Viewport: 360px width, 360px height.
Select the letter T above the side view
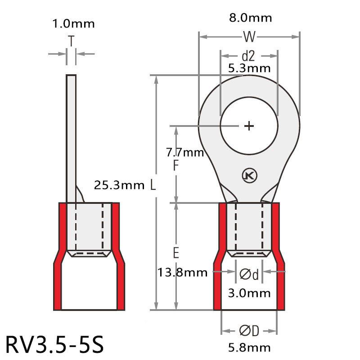pyautogui.click(x=71, y=41)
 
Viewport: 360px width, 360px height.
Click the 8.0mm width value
pyautogui.click(x=250, y=18)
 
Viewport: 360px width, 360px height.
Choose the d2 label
pyautogui.click(x=248, y=56)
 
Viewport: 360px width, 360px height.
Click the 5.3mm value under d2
pyautogui.click(x=249, y=68)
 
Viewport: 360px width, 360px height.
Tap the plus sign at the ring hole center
pyautogui.click(x=249, y=126)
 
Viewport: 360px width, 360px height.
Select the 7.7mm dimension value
pyautogui.click(x=185, y=153)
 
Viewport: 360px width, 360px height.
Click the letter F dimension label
pyautogui.click(x=176, y=166)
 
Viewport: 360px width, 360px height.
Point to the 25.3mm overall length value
pyautogui.click(x=119, y=184)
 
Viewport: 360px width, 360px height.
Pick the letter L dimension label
pyautogui.click(x=153, y=184)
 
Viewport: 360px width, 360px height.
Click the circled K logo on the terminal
pyautogui.click(x=248, y=176)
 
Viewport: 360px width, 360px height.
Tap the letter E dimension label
pyautogui.click(x=176, y=253)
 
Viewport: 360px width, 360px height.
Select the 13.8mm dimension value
pyautogui.click(x=182, y=272)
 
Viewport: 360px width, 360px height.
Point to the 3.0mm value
pyautogui.click(x=249, y=293)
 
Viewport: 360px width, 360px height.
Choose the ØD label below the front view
pyautogui.click(x=249, y=331)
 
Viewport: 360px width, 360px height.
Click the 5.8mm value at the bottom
pyautogui.click(x=249, y=347)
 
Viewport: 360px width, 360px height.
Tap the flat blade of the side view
pyautogui.click(x=71, y=135)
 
